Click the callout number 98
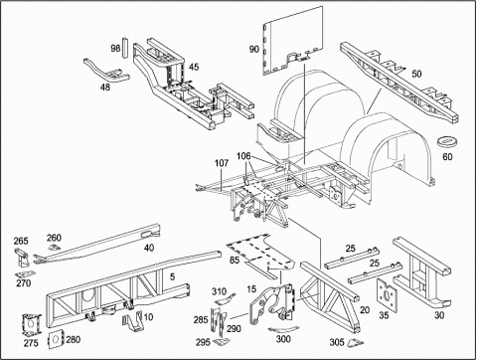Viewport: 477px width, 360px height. (115, 49)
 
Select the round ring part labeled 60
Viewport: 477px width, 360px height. (447, 140)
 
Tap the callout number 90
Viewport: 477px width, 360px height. (253, 49)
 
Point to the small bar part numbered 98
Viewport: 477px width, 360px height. (125, 48)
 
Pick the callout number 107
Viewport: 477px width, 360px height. (222, 163)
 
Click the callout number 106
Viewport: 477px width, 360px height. (243, 156)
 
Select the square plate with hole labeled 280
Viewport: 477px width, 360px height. (56, 339)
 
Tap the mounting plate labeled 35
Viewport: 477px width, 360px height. (387, 294)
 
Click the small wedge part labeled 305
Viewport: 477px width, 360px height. (355, 342)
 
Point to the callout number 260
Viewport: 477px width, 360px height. (54, 238)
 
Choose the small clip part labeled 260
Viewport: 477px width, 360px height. (54, 247)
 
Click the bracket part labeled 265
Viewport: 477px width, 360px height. (21, 258)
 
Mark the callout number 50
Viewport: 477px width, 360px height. (416, 74)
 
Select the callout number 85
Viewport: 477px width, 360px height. (235, 260)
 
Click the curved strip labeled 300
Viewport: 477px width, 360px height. (283, 329)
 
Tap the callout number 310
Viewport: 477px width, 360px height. (219, 291)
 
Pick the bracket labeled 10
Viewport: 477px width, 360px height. (132, 321)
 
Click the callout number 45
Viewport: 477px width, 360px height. (194, 67)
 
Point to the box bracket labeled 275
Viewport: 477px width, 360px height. (31, 324)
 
